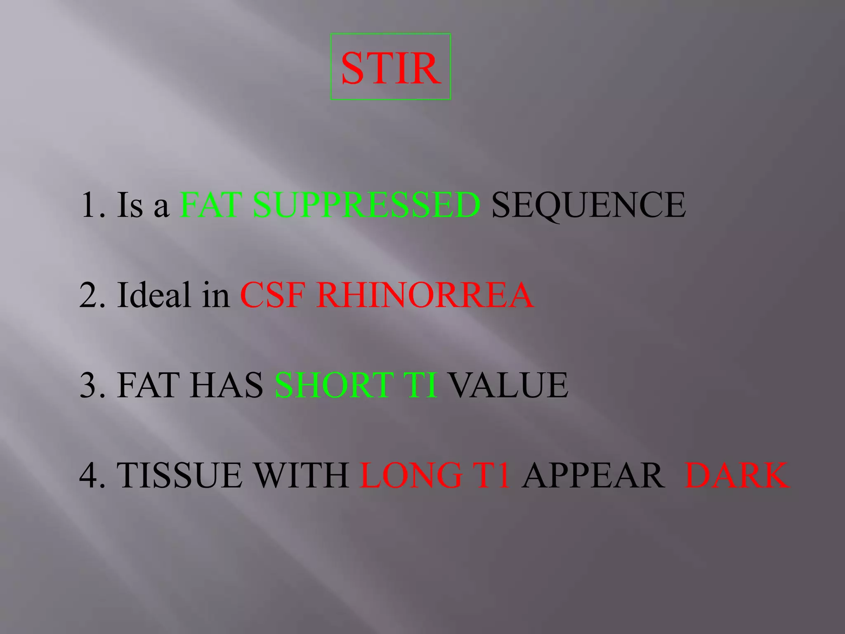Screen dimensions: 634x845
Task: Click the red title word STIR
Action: [x=390, y=68]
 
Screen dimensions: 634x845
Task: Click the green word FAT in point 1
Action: [x=211, y=205]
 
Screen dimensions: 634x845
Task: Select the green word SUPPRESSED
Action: [x=366, y=205]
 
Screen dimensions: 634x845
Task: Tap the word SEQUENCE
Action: [x=588, y=205]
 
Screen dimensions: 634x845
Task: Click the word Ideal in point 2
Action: [x=154, y=295]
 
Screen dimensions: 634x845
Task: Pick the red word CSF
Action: [x=273, y=295]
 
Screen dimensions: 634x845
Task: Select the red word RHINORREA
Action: [x=425, y=295]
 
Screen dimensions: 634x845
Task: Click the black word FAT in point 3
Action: [x=149, y=385]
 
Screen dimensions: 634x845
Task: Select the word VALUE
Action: [x=508, y=385]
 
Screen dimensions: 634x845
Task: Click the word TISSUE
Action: [x=179, y=475]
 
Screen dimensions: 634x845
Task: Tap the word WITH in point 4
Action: [x=301, y=475]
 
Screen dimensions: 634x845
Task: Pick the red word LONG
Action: [x=411, y=475]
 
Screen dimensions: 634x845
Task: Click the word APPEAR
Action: [x=592, y=475]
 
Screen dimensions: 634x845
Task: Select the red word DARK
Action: [x=737, y=475]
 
